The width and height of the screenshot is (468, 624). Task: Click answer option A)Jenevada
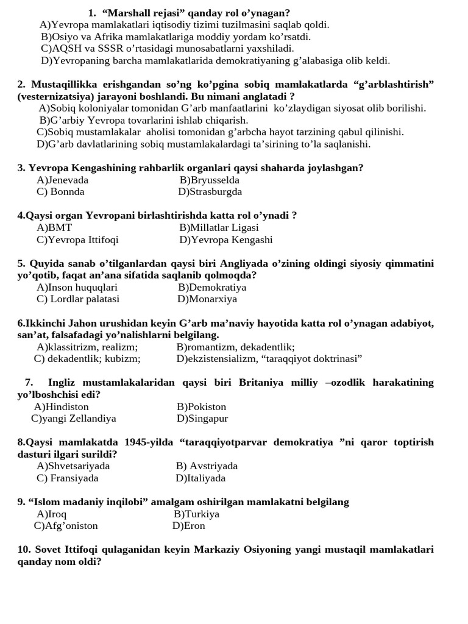pyautogui.click(x=63, y=180)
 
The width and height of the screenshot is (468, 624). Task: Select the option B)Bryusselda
pyautogui.click(x=209, y=180)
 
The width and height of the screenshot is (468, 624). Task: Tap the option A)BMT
pyautogui.click(x=54, y=228)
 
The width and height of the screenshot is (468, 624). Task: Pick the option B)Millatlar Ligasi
pyautogui.click(x=219, y=228)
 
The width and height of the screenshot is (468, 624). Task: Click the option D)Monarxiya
pyautogui.click(x=207, y=299)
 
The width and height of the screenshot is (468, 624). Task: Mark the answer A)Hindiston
pyautogui.click(x=62, y=407)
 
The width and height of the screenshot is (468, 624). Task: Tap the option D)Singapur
pyautogui.click(x=202, y=419)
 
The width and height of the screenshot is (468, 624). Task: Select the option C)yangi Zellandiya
pyautogui.click(x=74, y=419)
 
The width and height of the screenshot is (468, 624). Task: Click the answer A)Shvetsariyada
pyautogui.click(x=73, y=466)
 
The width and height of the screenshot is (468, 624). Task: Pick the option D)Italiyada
pyautogui.click(x=200, y=478)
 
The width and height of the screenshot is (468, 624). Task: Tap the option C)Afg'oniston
pyautogui.click(x=66, y=526)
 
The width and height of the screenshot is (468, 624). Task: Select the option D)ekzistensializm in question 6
pyautogui.click(x=216, y=359)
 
